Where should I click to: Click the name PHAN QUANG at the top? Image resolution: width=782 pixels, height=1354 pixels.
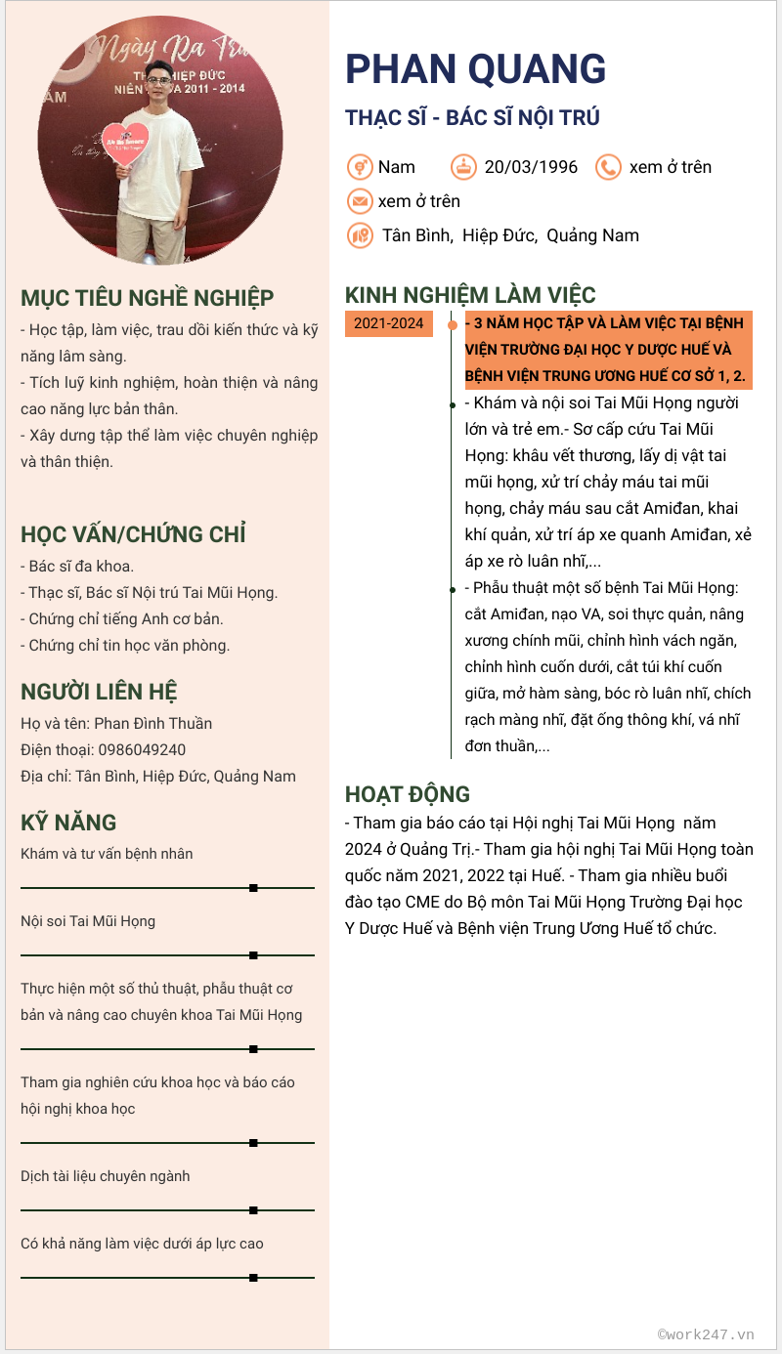click(475, 68)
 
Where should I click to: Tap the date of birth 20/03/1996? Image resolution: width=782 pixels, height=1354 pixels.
click(531, 167)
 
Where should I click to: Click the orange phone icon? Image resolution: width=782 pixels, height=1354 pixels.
click(608, 167)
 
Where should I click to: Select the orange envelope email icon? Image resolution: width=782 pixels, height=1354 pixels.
click(360, 201)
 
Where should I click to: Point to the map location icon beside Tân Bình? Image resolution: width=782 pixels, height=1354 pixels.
click(360, 235)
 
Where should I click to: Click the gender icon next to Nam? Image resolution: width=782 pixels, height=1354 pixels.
click(360, 167)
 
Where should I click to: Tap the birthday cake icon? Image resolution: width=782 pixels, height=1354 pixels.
click(464, 167)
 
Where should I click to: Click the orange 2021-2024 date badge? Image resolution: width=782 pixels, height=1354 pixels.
click(388, 323)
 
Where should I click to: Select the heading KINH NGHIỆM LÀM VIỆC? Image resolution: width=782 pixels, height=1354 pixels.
click(470, 295)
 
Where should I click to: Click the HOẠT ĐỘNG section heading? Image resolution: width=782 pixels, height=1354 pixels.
click(408, 794)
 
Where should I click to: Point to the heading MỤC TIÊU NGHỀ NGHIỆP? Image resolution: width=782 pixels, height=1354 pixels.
click(148, 298)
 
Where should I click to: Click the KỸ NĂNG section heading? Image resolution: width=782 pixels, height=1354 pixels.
click(68, 823)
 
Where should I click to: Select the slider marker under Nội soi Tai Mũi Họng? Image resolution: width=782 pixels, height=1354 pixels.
click(253, 955)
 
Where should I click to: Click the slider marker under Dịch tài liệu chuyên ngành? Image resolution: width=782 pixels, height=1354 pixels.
click(253, 1210)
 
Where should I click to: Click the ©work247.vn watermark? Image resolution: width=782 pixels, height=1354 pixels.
click(706, 1333)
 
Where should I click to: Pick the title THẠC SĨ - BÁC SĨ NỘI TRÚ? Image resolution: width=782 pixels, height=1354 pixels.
click(472, 118)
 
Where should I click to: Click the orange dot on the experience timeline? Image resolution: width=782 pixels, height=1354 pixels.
click(452, 324)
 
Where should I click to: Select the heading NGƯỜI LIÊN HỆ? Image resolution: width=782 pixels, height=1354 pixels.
click(99, 693)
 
